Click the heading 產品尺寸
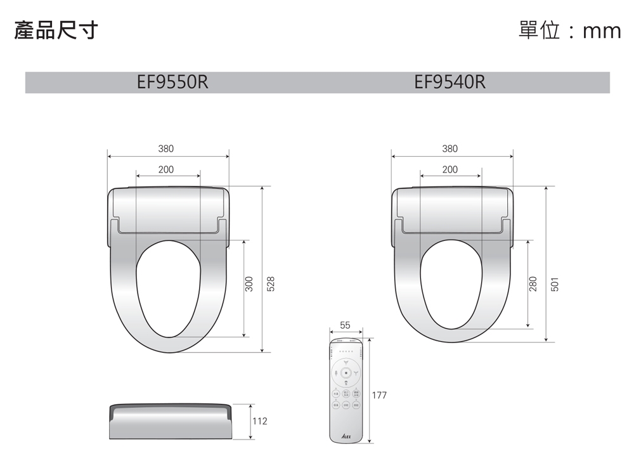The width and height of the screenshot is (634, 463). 56,30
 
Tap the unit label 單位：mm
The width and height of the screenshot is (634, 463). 569,30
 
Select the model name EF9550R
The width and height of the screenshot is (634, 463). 172,82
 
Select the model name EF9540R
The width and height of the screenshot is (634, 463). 450,82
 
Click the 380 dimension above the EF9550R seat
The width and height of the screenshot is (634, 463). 165,149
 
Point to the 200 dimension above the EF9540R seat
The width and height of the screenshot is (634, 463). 450,169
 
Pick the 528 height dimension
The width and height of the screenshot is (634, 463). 271,284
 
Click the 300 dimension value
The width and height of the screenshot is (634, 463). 249,284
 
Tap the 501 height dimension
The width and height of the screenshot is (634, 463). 555,284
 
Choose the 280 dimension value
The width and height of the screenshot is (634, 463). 533,284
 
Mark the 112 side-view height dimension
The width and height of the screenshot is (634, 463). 260,421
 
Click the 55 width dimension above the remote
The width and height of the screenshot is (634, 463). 345,325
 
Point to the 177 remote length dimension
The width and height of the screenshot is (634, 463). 379,395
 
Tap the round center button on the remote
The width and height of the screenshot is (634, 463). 346,372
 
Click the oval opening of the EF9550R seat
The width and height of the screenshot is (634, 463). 168,289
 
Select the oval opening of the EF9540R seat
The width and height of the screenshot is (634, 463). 451,285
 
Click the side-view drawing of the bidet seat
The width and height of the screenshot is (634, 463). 170,421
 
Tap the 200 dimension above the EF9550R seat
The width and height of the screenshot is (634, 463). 165,169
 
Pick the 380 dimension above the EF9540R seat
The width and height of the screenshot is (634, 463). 450,149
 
